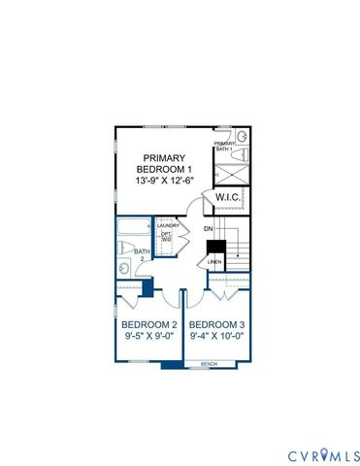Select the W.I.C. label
[x=228, y=197]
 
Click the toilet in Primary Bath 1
[x=243, y=154]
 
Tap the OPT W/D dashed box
[x=166, y=237]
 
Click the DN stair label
[x=208, y=229]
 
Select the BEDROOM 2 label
[x=147, y=324]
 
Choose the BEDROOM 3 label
[x=214, y=324]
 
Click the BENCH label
[x=209, y=364]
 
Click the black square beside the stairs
[x=218, y=248]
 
